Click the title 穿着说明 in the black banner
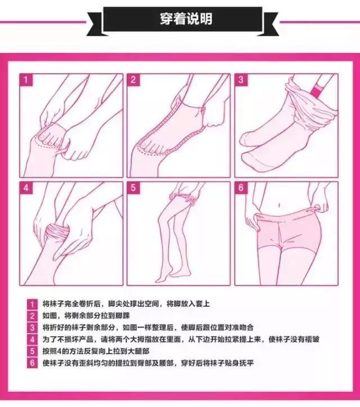click(x=186, y=19)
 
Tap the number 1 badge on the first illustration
click(x=26, y=80)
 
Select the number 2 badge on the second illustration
click(x=133, y=80)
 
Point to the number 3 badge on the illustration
click(x=241, y=80)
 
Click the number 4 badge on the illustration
click(x=26, y=187)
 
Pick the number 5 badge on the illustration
click(x=133, y=187)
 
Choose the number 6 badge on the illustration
click(x=241, y=187)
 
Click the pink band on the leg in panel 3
click(x=317, y=90)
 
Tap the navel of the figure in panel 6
click(x=279, y=205)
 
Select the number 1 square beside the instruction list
click(x=32, y=304)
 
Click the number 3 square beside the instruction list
click(x=32, y=328)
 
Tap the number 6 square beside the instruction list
click(x=32, y=363)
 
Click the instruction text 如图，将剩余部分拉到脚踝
click(x=86, y=316)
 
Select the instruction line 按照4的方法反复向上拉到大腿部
click(x=96, y=351)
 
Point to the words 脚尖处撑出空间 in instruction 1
click(x=133, y=303)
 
